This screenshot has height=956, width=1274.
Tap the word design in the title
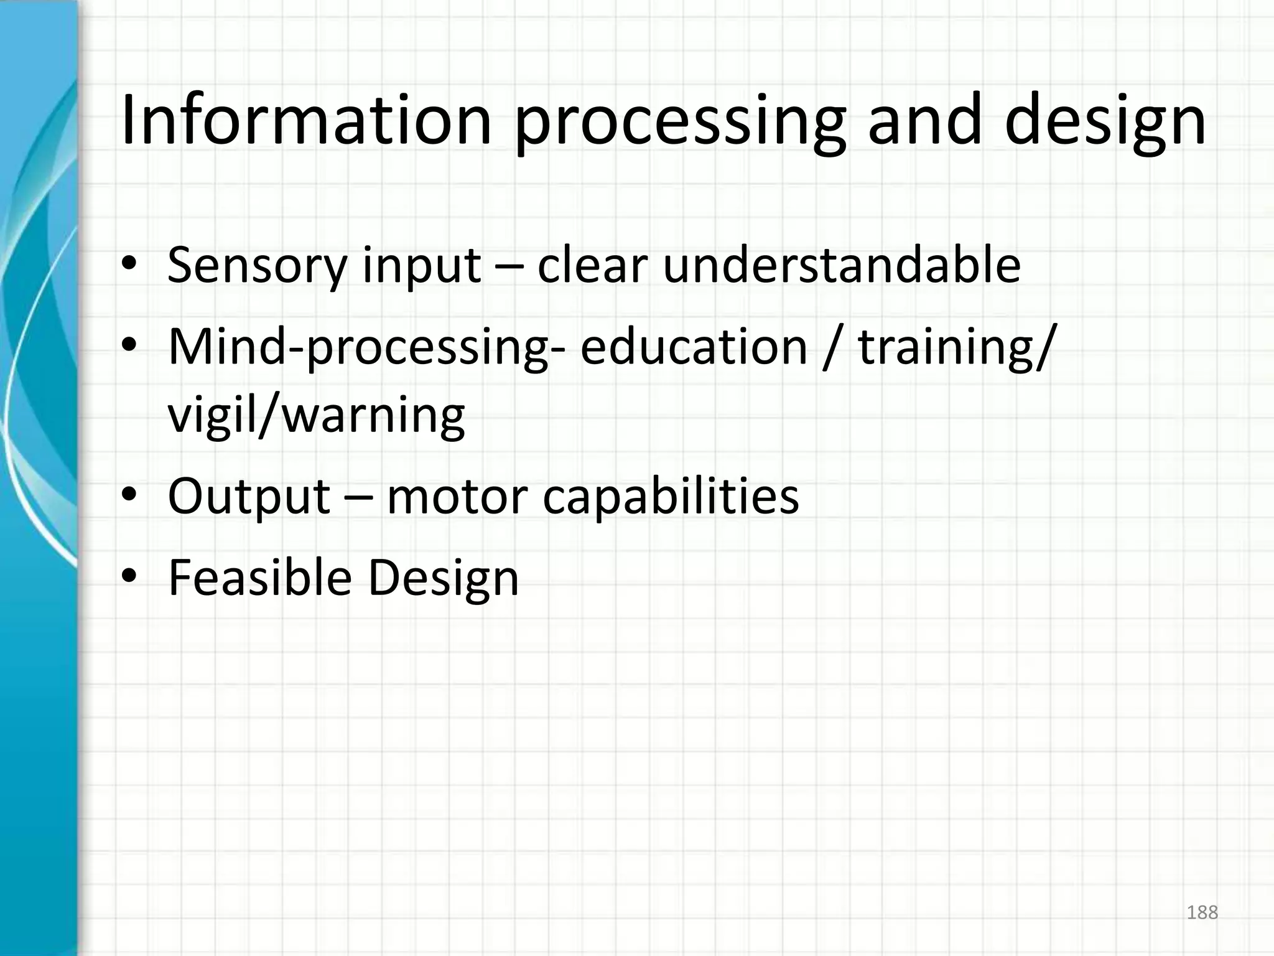point(1105,121)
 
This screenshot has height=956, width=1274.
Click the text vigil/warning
point(317,416)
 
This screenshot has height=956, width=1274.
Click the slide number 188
point(1202,912)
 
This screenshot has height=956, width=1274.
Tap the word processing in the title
point(680,121)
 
